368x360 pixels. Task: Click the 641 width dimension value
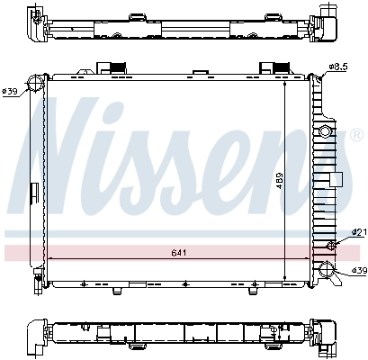tap(181, 253)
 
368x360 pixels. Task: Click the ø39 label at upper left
tap(11, 90)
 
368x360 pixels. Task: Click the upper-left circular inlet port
tap(36, 85)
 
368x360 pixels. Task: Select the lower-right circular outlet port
tap(326, 267)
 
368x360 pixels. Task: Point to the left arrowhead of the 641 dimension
tap(49, 259)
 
